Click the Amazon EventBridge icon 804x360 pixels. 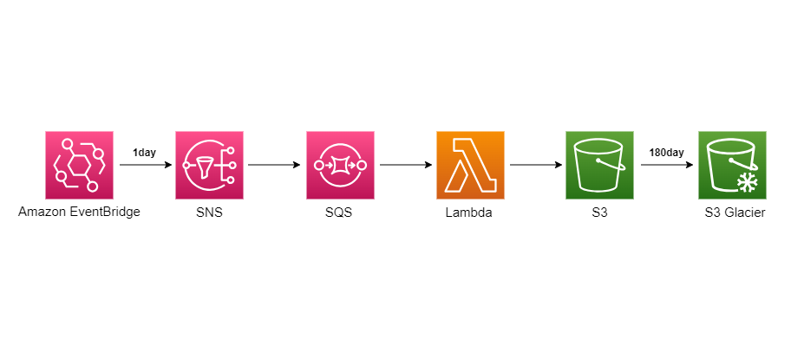point(79,165)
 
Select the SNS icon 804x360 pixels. point(210,165)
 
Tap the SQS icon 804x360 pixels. point(341,165)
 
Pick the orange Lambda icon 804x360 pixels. point(470,165)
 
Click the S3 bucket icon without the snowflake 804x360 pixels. point(599,165)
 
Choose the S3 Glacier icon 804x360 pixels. point(732,165)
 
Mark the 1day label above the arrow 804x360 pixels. point(144,153)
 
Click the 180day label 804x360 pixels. point(666,153)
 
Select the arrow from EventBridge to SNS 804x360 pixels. point(144,165)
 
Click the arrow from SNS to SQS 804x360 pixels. point(274,165)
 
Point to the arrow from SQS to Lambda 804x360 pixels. point(405,165)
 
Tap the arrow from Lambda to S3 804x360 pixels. point(535,165)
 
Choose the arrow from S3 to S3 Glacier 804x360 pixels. point(666,165)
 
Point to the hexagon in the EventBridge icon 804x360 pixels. point(79,165)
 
